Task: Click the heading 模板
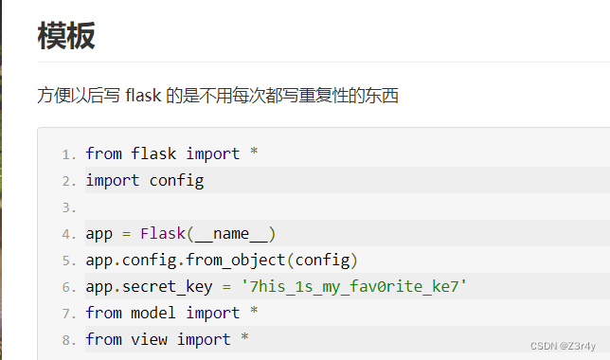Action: click(x=66, y=36)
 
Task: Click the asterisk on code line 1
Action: click(x=254, y=153)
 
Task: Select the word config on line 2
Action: click(x=177, y=180)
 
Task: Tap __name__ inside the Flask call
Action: click(x=230, y=233)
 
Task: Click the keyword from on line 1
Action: click(x=103, y=153)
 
